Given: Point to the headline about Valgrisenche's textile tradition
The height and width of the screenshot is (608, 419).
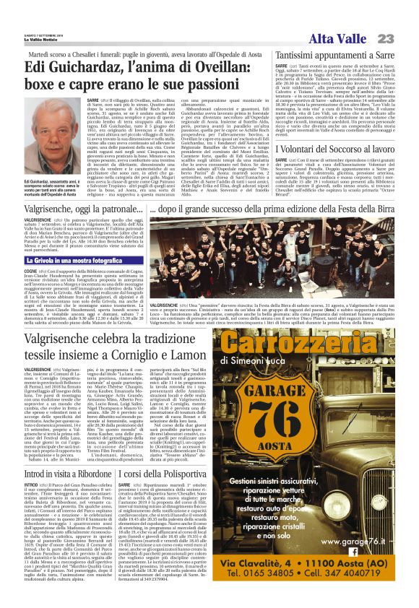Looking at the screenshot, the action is tap(104, 345).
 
